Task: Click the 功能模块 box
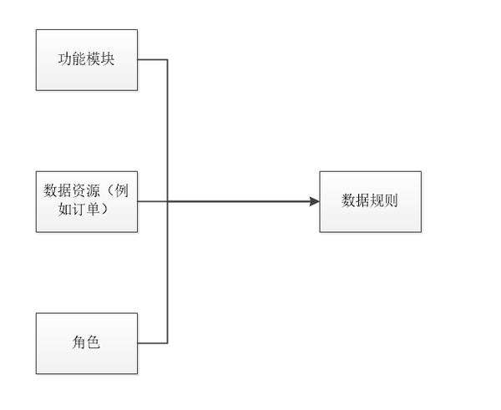[87, 60]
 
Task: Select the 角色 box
[87, 343]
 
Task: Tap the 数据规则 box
[370, 201]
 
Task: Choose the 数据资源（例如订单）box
[87, 201]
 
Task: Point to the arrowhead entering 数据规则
[315, 201]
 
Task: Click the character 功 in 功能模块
[65, 59]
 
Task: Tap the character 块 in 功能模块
[108, 59]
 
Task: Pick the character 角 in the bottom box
[79, 342]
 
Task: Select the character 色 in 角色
[94, 342]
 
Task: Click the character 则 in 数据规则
[392, 201]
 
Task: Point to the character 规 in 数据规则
[377, 201]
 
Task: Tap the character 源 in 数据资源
[94, 191]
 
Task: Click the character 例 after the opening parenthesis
[122, 191]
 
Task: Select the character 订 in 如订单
[79, 210]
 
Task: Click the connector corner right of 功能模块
[168, 59]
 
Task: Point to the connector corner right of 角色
[168, 343]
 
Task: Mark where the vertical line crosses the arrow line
[168, 201]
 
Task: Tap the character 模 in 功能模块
[94, 59]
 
